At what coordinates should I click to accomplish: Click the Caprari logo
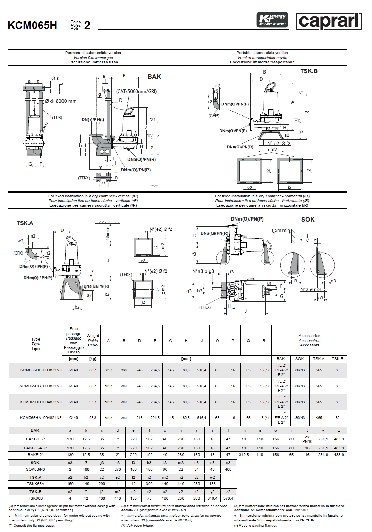pos(328,22)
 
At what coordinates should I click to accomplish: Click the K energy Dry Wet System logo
pos(272,20)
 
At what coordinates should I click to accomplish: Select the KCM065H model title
pos(32,25)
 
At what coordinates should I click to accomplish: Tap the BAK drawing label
pos(154,77)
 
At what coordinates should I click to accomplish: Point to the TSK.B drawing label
pos(308,71)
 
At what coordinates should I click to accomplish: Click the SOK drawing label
pos(308,219)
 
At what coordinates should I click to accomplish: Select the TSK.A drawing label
pos(25,223)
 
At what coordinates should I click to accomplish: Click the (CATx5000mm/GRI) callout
pos(136,92)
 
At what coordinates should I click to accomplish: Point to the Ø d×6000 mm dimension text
pos(61,101)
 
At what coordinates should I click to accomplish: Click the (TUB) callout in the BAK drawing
pos(57,117)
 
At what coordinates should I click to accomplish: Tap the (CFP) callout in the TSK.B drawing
pos(214,115)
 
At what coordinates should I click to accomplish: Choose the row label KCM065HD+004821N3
pos(41,402)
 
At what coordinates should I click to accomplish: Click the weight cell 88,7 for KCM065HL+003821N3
pos(93,370)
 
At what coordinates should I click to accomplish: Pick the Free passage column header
pos(74,340)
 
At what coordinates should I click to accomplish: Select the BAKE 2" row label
pos(36,455)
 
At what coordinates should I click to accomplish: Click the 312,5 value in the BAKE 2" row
pos(244,455)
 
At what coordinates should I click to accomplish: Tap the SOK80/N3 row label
pos(36,469)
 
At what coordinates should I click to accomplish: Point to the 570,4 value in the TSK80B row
pos(228,498)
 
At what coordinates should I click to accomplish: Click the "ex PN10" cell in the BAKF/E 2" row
pos(307,439)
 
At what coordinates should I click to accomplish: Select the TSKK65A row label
pos(36,484)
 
